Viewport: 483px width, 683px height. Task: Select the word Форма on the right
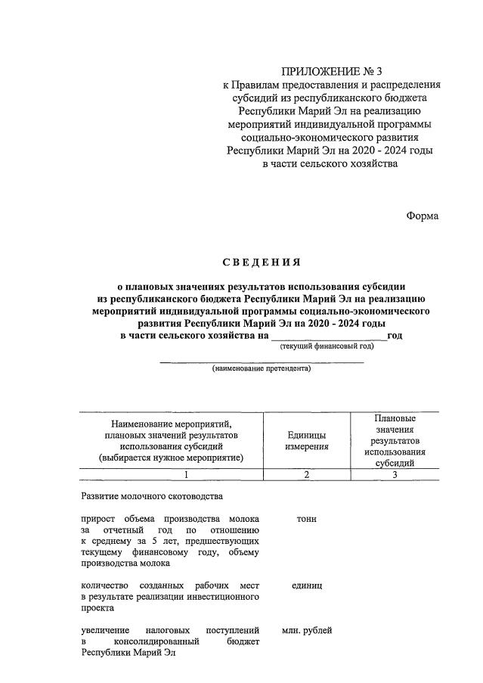click(x=422, y=216)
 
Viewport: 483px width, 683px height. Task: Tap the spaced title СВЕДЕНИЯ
click(x=261, y=262)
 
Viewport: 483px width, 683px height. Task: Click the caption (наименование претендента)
click(x=261, y=369)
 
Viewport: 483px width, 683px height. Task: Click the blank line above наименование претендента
click(x=261, y=362)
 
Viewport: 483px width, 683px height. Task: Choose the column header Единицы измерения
click(x=306, y=441)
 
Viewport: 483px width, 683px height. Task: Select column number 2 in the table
click(x=306, y=474)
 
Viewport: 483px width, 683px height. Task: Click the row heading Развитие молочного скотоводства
click(x=151, y=496)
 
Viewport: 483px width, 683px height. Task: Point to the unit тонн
click(x=306, y=519)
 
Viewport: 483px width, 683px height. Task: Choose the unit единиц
click(x=306, y=585)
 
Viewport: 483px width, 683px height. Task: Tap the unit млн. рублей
click(x=306, y=630)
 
